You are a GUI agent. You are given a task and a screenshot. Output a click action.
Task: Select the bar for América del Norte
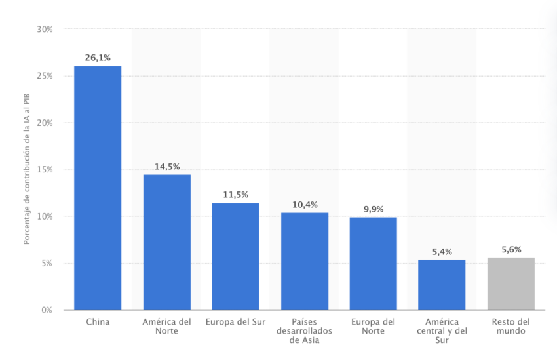tap(167, 242)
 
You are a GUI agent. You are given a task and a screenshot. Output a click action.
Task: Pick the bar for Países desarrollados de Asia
tap(305, 261)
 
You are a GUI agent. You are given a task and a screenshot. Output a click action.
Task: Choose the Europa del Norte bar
tap(373, 264)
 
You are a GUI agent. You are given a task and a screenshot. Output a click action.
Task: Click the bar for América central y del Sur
tap(442, 285)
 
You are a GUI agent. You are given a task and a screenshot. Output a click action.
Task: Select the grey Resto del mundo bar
tap(511, 283)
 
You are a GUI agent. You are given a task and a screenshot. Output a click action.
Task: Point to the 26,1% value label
tap(98, 58)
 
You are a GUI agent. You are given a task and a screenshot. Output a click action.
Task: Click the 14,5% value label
tap(167, 167)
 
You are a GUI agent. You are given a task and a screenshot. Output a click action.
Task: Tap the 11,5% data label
tap(235, 195)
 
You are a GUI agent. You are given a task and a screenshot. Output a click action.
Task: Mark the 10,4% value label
tap(305, 205)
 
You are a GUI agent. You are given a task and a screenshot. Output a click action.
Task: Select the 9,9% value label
tap(373, 209)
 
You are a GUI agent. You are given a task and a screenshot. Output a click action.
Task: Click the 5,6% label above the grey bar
tap(511, 249)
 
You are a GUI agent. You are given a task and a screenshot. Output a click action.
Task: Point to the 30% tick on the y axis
tap(45, 30)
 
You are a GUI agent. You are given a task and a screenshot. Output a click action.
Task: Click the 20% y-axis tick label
tap(45, 123)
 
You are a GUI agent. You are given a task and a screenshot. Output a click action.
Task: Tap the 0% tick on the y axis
tap(47, 310)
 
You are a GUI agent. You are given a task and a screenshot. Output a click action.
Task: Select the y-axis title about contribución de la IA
tap(27, 170)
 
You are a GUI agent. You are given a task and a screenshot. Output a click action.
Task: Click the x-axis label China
tap(98, 322)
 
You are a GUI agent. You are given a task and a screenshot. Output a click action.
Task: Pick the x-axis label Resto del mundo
tap(511, 327)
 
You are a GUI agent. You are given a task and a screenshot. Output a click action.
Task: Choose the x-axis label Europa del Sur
tap(235, 322)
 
